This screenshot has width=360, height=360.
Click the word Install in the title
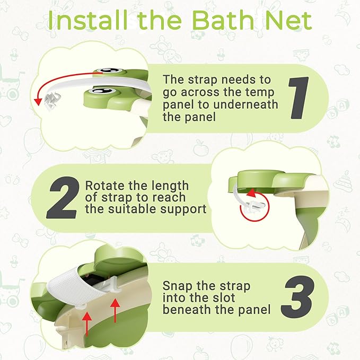pyautogui.click(x=90, y=21)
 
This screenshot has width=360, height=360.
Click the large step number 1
pyautogui.click(x=300, y=98)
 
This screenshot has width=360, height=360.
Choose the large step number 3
pyautogui.click(x=300, y=296)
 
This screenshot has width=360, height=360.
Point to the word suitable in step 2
pyautogui.click(x=142, y=209)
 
